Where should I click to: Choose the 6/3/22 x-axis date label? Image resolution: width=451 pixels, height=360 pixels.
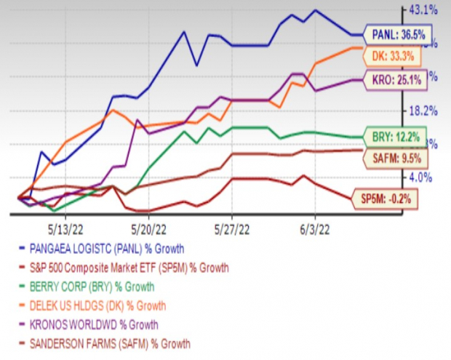point(314,225)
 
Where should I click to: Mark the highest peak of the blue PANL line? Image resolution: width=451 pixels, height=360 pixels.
point(314,10)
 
